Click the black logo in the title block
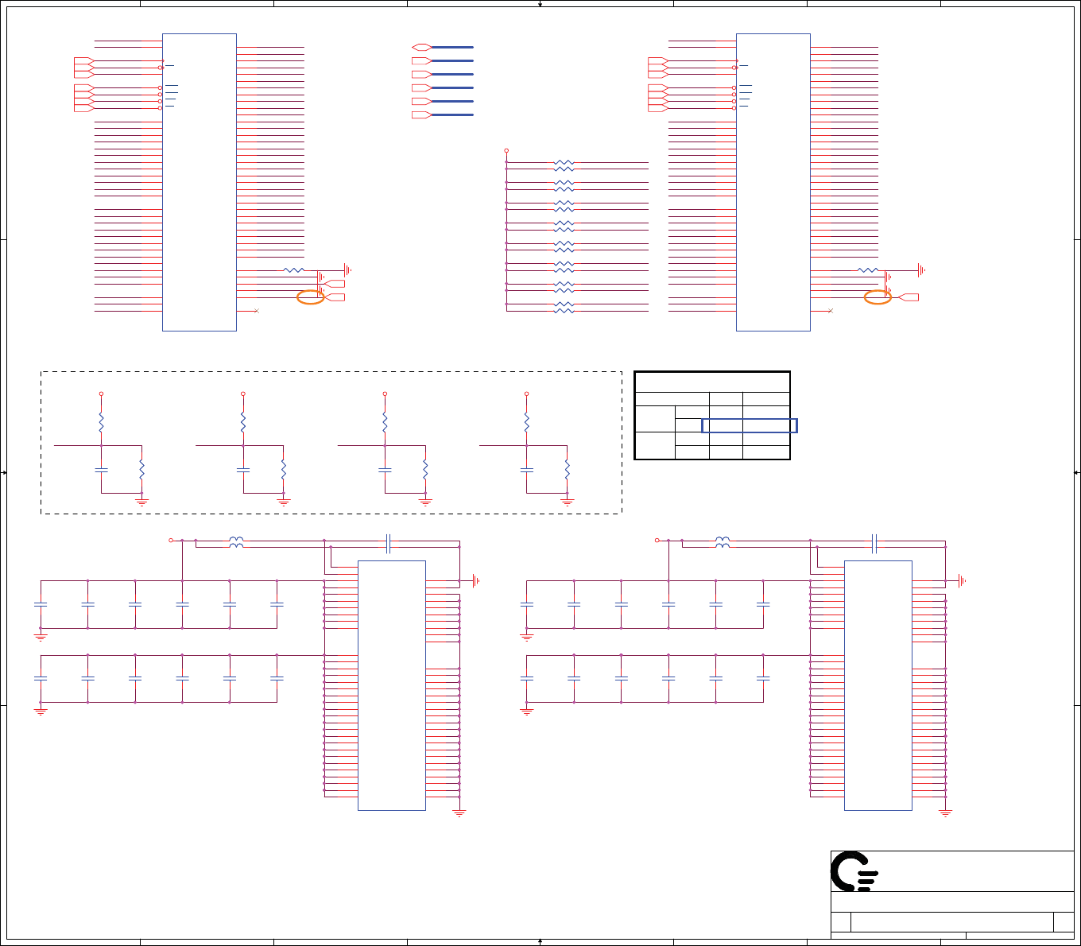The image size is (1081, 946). tap(854, 871)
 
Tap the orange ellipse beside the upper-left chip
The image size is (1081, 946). tap(310, 297)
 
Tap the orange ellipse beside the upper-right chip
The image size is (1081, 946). tap(878, 297)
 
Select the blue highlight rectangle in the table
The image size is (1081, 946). tap(749, 425)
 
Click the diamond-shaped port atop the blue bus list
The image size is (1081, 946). tap(421, 47)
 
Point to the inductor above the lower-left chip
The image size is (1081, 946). tap(236, 541)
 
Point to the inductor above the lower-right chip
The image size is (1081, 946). tap(722, 541)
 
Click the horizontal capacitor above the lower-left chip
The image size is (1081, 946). tap(388, 543)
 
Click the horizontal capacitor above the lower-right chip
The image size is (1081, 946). tap(874, 543)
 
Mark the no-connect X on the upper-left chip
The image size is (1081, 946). tap(256, 311)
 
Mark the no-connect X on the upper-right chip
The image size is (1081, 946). tap(830, 311)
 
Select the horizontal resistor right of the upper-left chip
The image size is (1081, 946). tap(293, 270)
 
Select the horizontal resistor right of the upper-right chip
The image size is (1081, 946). tap(868, 270)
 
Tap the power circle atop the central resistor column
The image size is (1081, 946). tap(506, 150)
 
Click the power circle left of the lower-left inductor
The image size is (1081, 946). tap(171, 541)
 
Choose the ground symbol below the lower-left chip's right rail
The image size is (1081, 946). tap(459, 813)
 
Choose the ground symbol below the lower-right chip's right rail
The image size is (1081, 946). tap(945, 813)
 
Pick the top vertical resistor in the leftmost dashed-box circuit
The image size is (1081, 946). tap(101, 421)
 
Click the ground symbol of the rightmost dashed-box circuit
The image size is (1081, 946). tap(567, 502)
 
